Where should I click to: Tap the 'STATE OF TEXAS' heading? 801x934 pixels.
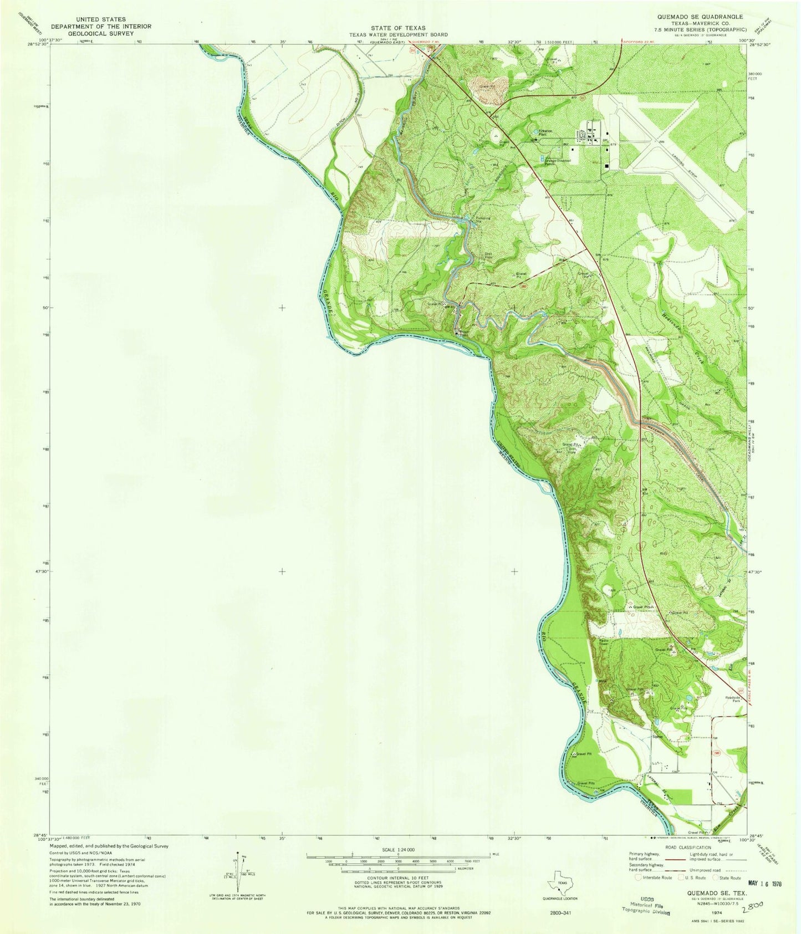(398, 28)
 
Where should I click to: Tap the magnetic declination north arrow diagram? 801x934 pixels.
(241, 872)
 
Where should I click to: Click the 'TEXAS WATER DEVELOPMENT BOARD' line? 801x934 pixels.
(398, 34)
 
